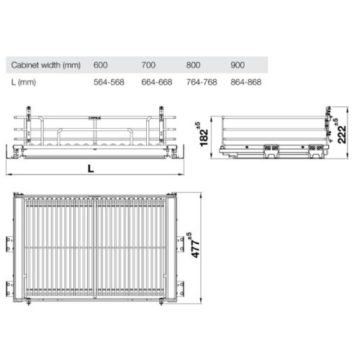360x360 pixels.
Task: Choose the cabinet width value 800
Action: [193, 64]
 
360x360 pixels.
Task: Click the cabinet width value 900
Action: [238, 64]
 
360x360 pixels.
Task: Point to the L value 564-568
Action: [109, 81]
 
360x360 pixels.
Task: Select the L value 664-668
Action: [156, 81]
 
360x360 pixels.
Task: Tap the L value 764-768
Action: [201, 81]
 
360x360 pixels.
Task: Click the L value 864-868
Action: [246, 81]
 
